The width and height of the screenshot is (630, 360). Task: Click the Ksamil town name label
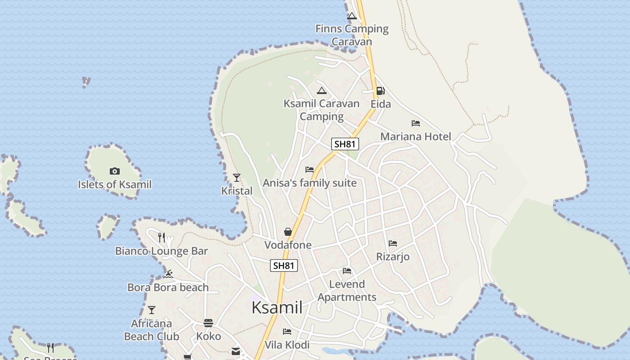tap(277, 307)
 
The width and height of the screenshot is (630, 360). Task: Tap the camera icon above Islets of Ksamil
tap(115, 171)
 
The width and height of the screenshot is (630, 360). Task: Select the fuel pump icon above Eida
tap(380, 91)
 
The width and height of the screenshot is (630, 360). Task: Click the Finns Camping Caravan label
tap(352, 35)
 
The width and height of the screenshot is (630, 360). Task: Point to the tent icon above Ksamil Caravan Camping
tap(321, 91)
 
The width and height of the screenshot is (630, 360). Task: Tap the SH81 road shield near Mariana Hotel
tap(345, 144)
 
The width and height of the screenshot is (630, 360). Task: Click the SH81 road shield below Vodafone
tap(284, 265)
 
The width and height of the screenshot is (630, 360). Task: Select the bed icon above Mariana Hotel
tap(416, 123)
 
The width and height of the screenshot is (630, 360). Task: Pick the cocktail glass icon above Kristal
tap(237, 178)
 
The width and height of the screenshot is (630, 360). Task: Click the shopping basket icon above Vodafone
tap(288, 232)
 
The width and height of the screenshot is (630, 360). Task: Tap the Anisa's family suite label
tap(310, 183)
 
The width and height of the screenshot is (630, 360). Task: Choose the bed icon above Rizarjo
tap(393, 243)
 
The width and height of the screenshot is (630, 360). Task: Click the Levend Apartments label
tap(347, 291)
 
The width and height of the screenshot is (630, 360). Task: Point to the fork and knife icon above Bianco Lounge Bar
tap(162, 237)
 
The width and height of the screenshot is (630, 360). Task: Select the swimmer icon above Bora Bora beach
tap(168, 274)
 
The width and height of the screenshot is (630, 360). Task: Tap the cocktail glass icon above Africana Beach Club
tap(152, 310)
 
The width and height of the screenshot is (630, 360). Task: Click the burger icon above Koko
tap(208, 323)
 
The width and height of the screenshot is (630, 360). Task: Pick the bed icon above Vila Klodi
tap(287, 332)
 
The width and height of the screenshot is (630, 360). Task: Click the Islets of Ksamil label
tap(115, 184)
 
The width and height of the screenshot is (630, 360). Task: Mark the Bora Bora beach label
tap(168, 288)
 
